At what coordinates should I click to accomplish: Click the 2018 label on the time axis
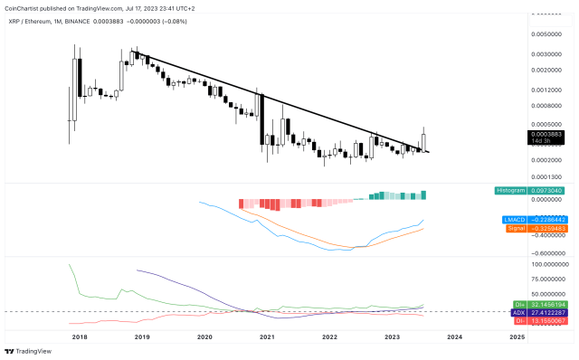(79, 336)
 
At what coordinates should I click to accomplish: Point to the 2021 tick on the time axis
(267, 336)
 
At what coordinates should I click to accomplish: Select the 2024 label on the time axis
(455, 336)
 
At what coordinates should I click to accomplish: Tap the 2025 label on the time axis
(517, 336)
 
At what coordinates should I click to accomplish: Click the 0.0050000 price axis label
(550, 33)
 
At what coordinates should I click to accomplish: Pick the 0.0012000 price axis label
(550, 90)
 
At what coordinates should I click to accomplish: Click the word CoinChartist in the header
(24, 7)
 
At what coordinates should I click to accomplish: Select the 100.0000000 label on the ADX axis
(550, 264)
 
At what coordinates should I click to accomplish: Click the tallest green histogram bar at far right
(423, 194)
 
